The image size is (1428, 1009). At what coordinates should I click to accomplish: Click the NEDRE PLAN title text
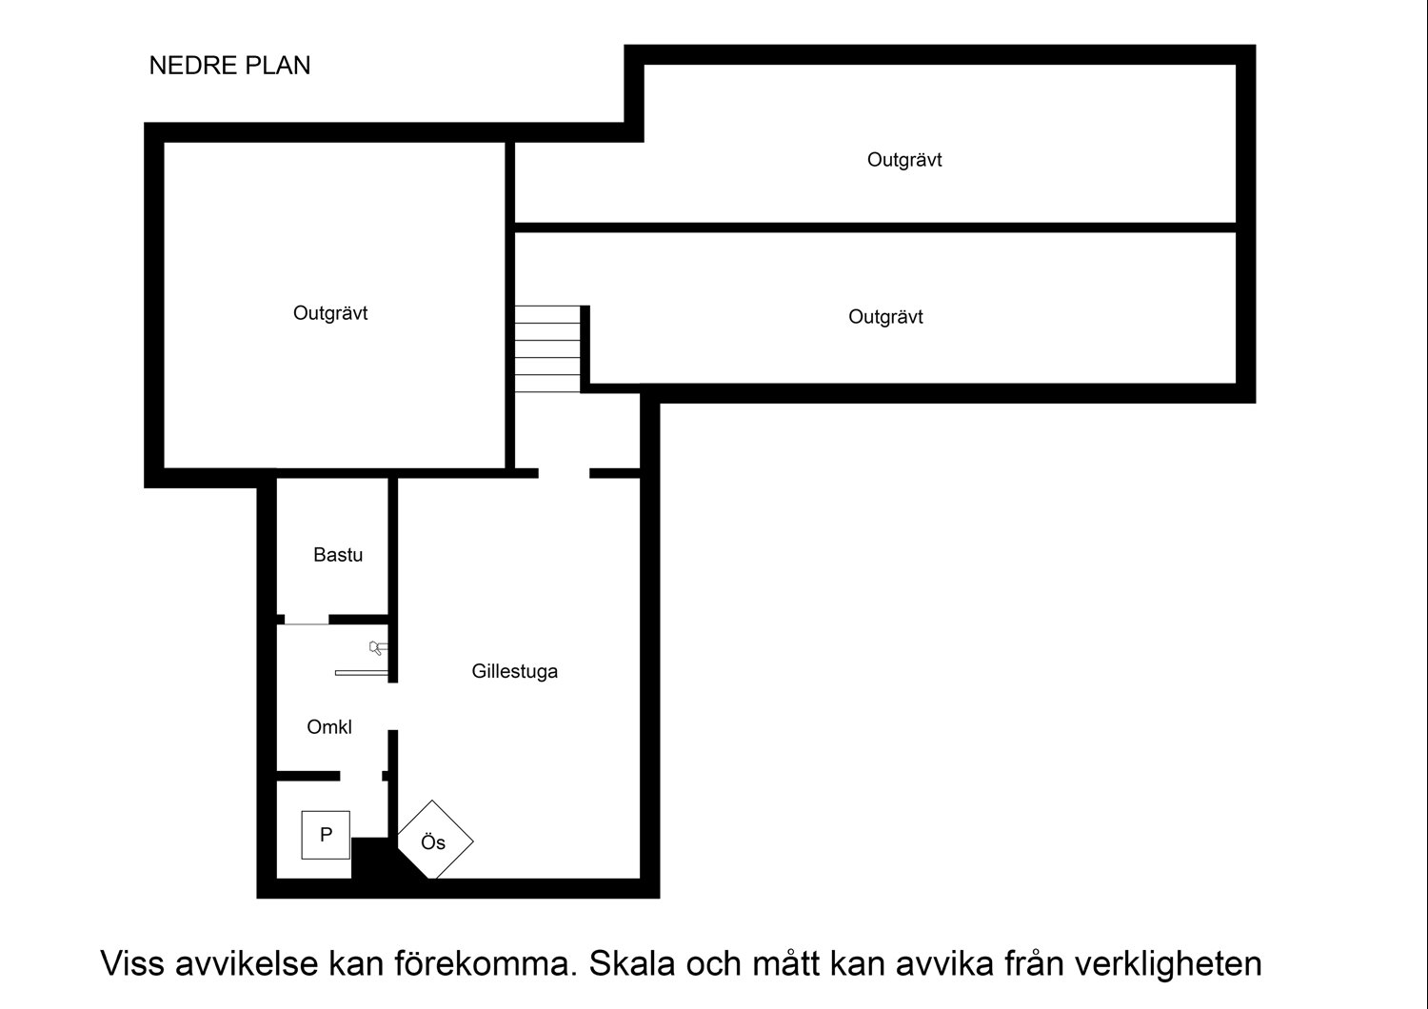(229, 66)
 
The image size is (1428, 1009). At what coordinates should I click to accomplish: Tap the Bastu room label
(338, 555)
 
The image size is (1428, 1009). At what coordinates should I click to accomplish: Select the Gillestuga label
(514, 671)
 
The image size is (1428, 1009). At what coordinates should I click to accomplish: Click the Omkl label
(329, 727)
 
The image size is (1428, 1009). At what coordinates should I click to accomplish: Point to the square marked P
(326, 835)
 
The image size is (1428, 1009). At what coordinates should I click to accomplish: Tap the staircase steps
(547, 349)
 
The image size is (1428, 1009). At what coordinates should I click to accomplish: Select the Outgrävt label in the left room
(330, 313)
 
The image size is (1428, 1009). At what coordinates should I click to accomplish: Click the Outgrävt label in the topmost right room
(904, 160)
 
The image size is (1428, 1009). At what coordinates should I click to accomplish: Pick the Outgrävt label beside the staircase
(885, 317)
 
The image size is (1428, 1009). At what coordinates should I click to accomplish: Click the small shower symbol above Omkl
(377, 648)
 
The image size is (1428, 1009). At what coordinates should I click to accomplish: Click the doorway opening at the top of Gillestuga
(565, 473)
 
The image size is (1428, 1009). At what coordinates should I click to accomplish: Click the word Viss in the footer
(132, 963)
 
